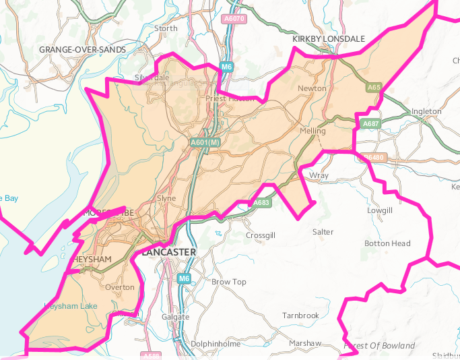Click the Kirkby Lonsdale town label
329,39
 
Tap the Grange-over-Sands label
82,50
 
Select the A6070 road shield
234,19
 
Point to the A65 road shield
374,88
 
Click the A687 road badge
371,124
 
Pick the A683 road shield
261,202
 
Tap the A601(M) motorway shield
205,143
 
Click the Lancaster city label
168,252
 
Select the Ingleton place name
426,111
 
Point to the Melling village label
313,131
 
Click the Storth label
166,28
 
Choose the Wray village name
318,175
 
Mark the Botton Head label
387,243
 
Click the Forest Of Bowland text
379,346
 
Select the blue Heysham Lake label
70,306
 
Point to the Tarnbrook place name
300,316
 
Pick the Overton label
121,287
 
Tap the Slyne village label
166,199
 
